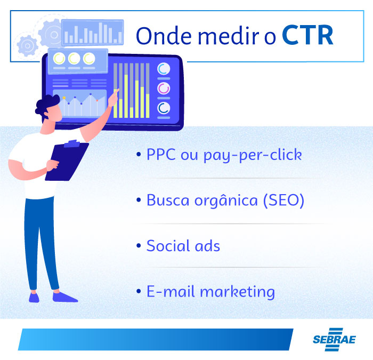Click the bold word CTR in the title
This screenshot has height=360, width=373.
pyautogui.click(x=307, y=35)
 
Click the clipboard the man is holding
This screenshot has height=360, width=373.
pyautogui.click(x=67, y=160)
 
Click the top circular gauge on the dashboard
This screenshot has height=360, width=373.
pyautogui.click(x=164, y=69)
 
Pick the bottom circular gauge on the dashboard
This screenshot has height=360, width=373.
pyautogui.click(x=164, y=109)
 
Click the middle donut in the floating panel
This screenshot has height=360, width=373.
pyautogui.click(x=74, y=58)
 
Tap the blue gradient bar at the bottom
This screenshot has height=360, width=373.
pyautogui.click(x=155, y=339)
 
